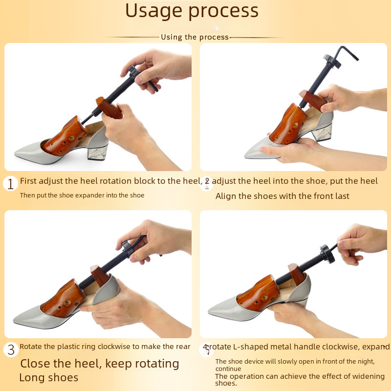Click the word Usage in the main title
click(x=153, y=11)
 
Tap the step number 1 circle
click(x=10, y=184)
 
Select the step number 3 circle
click(x=11, y=349)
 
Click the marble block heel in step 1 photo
click(x=97, y=152)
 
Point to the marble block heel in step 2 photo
click(x=322, y=132)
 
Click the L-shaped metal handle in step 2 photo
click(x=348, y=53)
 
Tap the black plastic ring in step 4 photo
click(x=327, y=254)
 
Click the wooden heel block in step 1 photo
click(x=109, y=108)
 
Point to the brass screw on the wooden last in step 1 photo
click(x=72, y=138)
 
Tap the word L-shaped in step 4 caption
click(x=251, y=347)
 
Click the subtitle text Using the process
click(x=195, y=37)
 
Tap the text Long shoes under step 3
click(x=49, y=377)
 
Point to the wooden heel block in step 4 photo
click(x=297, y=274)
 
